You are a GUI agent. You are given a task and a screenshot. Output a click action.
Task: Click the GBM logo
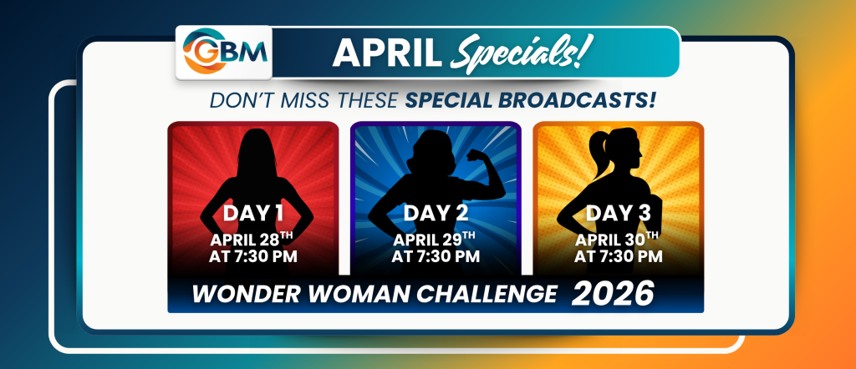[x=224, y=51]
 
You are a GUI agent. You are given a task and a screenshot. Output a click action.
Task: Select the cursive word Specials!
[x=520, y=54]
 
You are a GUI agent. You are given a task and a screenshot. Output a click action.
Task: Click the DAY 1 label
[x=253, y=213]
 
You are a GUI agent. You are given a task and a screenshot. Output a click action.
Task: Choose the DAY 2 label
[x=436, y=213]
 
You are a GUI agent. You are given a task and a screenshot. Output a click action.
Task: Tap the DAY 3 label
[x=619, y=213]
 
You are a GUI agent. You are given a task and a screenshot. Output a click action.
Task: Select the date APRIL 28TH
[x=253, y=239]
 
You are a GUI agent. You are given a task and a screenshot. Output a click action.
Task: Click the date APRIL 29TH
[x=436, y=239]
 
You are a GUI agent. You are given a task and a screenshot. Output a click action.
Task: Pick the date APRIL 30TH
[x=619, y=239]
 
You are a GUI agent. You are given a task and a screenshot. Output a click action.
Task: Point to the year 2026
[x=613, y=294]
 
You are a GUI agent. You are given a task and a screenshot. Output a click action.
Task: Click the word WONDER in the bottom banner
[x=233, y=295]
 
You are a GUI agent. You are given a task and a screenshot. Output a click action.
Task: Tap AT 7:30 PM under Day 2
[x=436, y=256]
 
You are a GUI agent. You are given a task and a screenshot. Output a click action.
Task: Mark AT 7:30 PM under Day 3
[x=619, y=256]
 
